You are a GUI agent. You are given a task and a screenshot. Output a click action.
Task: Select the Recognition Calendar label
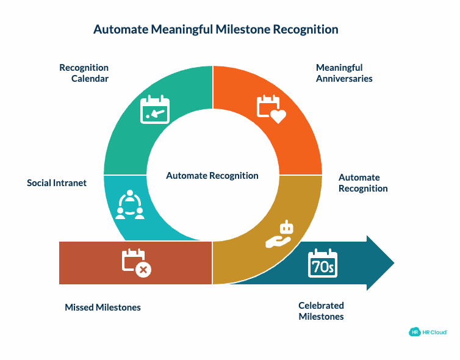(84, 73)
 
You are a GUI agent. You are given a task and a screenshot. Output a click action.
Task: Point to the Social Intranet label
(57, 182)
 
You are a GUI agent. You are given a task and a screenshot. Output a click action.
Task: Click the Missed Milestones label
(102, 308)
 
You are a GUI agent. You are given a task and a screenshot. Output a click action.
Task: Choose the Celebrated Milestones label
(321, 311)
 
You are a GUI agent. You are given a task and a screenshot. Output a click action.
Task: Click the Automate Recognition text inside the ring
(212, 176)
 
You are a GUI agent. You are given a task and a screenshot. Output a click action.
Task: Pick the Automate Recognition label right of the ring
(363, 183)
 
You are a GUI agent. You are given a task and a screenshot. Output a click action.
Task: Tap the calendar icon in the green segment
(155, 110)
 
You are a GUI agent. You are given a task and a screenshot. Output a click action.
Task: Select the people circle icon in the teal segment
(130, 205)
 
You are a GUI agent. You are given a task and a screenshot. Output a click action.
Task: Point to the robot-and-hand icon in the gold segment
(280, 235)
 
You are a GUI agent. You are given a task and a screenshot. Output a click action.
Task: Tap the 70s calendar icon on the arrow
(323, 264)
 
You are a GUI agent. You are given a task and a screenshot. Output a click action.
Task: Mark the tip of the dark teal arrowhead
(394, 263)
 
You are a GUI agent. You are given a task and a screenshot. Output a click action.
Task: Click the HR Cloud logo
(428, 332)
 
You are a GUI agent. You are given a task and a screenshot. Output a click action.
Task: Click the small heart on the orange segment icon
(278, 116)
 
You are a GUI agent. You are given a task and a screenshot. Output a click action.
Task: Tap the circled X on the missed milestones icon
(143, 270)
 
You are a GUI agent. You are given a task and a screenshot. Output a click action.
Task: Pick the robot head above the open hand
(286, 228)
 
